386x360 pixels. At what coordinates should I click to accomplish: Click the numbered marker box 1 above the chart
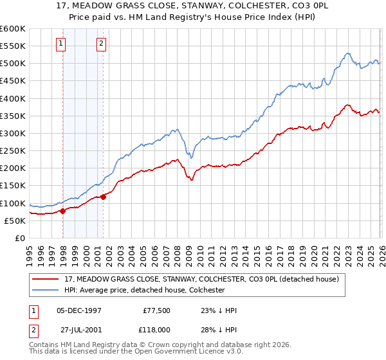[60, 44]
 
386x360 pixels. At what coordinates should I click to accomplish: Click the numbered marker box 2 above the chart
[102, 44]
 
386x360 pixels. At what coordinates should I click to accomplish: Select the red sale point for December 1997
[63, 211]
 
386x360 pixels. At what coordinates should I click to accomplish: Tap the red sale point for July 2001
[104, 197]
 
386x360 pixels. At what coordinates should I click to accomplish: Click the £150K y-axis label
[13, 186]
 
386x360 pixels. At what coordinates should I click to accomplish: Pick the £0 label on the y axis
[20, 239]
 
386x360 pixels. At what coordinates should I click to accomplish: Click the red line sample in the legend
[47, 280]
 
